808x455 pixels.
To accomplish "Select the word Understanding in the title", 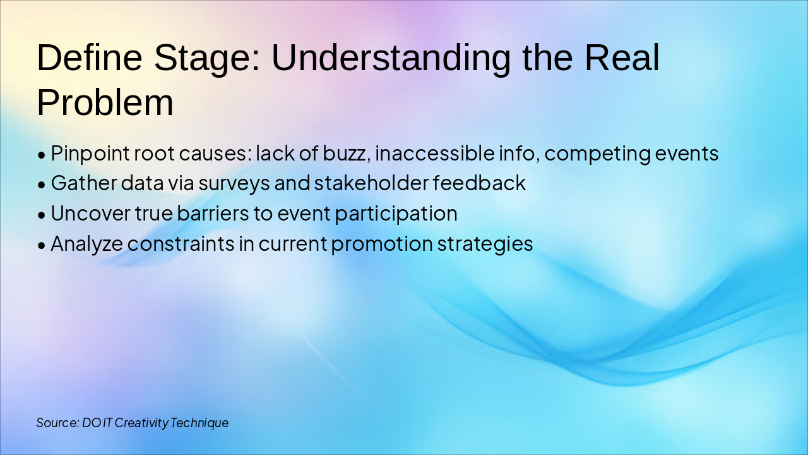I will click(x=391, y=58).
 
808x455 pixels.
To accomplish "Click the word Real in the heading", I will click(x=621, y=58).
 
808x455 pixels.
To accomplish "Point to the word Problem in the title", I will click(x=105, y=102).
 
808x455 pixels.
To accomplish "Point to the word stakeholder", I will click(x=371, y=183).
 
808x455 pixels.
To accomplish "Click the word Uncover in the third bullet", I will click(x=90, y=214).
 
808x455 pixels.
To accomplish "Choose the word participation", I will click(x=396, y=214).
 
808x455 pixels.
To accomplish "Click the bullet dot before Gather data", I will click(x=42, y=185).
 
